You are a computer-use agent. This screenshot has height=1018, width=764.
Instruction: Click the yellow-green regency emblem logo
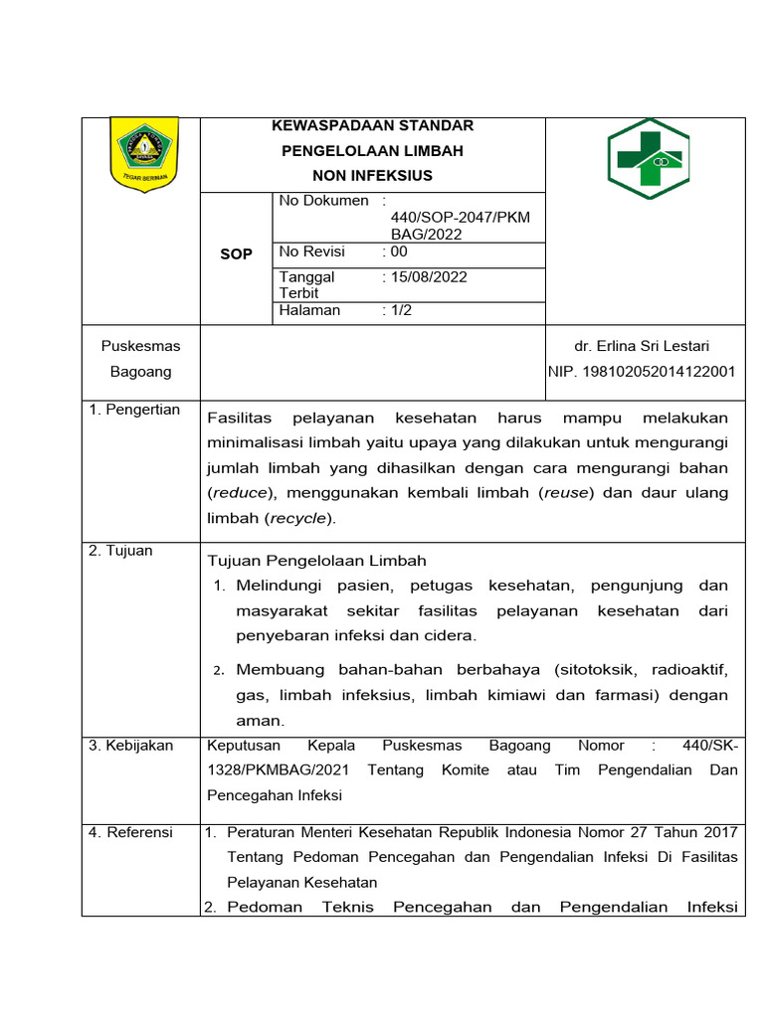(143, 152)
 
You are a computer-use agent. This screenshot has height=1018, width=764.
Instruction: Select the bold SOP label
(236, 254)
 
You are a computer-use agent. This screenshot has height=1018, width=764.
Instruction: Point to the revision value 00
(398, 253)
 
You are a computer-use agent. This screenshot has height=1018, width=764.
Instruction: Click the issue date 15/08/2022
(428, 277)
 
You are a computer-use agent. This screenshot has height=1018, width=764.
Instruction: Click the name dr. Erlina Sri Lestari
(642, 346)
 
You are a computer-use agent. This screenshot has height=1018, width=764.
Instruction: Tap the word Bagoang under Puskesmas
(140, 372)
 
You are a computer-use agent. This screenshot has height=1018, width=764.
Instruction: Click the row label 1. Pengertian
(134, 410)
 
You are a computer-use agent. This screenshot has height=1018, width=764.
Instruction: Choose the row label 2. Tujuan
(120, 551)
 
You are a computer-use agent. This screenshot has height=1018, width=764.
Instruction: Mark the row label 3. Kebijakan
(130, 746)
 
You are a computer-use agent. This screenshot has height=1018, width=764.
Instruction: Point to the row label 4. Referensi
(130, 832)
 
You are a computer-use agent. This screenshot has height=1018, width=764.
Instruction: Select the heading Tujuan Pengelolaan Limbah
(315, 562)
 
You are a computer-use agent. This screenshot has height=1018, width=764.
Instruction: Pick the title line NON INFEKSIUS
(372, 176)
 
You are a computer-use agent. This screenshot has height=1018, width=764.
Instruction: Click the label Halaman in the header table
(309, 310)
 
